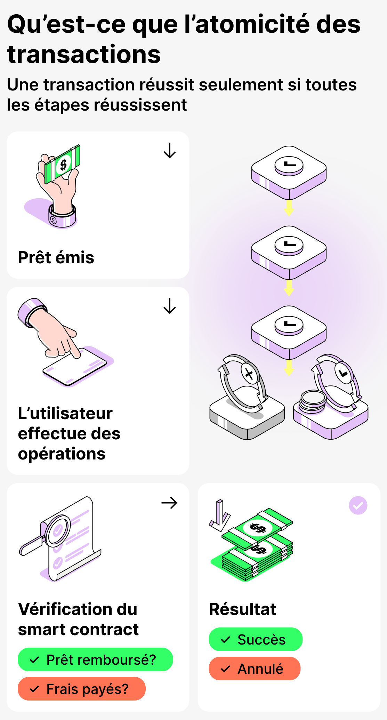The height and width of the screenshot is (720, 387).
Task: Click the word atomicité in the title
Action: pyautogui.click(x=252, y=24)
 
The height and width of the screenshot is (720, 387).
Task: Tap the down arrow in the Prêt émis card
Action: pyautogui.click(x=170, y=151)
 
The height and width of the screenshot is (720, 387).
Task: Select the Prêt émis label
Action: pyautogui.click(x=56, y=258)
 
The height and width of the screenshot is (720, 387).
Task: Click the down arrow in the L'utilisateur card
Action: pyautogui.click(x=170, y=306)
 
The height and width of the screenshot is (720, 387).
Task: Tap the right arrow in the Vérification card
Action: pyautogui.click(x=169, y=503)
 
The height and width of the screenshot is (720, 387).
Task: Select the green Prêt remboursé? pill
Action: pyautogui.click(x=95, y=660)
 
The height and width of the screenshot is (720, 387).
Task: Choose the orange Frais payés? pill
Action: pyautogui.click(x=82, y=689)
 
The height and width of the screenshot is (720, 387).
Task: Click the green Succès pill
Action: pyautogui.click(x=256, y=639)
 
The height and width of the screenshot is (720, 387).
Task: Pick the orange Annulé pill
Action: pyautogui.click(x=255, y=669)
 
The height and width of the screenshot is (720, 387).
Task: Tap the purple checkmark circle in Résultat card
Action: pyautogui.click(x=358, y=505)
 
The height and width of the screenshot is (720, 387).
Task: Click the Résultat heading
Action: pyautogui.click(x=242, y=609)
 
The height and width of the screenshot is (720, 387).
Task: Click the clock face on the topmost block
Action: pyautogui.click(x=289, y=165)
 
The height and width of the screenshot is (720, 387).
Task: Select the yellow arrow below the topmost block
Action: pyautogui.click(x=289, y=208)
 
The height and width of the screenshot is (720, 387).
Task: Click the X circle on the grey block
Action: pyautogui.click(x=249, y=374)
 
